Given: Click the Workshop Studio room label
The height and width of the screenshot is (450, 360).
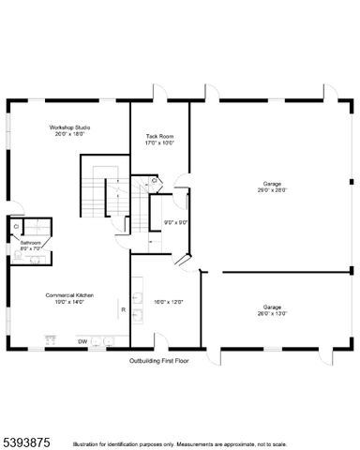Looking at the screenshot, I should click(70, 127).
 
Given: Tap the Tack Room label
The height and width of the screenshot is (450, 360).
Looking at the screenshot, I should click(159, 137).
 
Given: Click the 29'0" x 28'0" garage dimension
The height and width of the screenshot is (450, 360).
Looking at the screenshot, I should click(272, 189).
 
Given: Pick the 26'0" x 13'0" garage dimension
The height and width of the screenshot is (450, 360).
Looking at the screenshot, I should click(272, 313).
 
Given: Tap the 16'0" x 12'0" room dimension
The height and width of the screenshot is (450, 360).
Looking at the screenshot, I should click(170, 302).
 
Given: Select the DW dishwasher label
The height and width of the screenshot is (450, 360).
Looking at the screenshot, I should click(82, 341).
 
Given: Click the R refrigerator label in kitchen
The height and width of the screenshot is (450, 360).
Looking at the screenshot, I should click(123, 308).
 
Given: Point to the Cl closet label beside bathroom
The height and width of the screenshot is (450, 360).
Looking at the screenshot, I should click(16, 226).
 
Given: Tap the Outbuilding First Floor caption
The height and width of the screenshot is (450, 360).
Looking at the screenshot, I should click(159, 359).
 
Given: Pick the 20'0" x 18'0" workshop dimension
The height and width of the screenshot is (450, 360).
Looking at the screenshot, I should click(70, 134).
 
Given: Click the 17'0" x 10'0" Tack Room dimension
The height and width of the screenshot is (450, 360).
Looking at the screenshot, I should click(159, 143).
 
